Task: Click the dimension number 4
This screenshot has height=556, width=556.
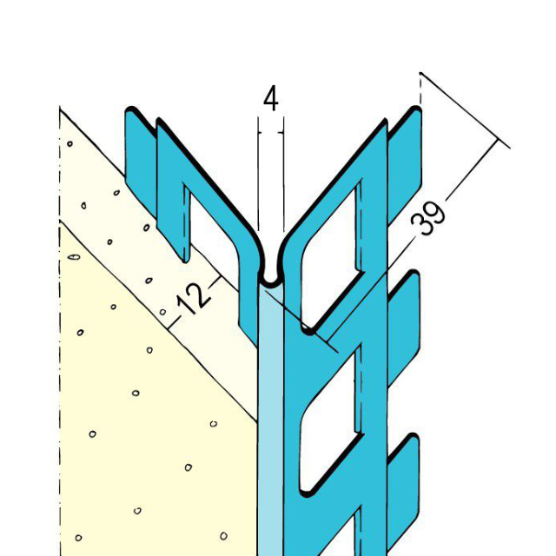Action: [x=270, y=100]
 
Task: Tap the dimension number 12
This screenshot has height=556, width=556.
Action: [x=194, y=298]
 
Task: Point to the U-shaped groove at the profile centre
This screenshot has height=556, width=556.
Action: [x=270, y=276]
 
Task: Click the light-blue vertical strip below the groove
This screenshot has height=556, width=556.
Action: [x=270, y=417]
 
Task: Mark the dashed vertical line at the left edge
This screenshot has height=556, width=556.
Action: [x=60, y=347]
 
